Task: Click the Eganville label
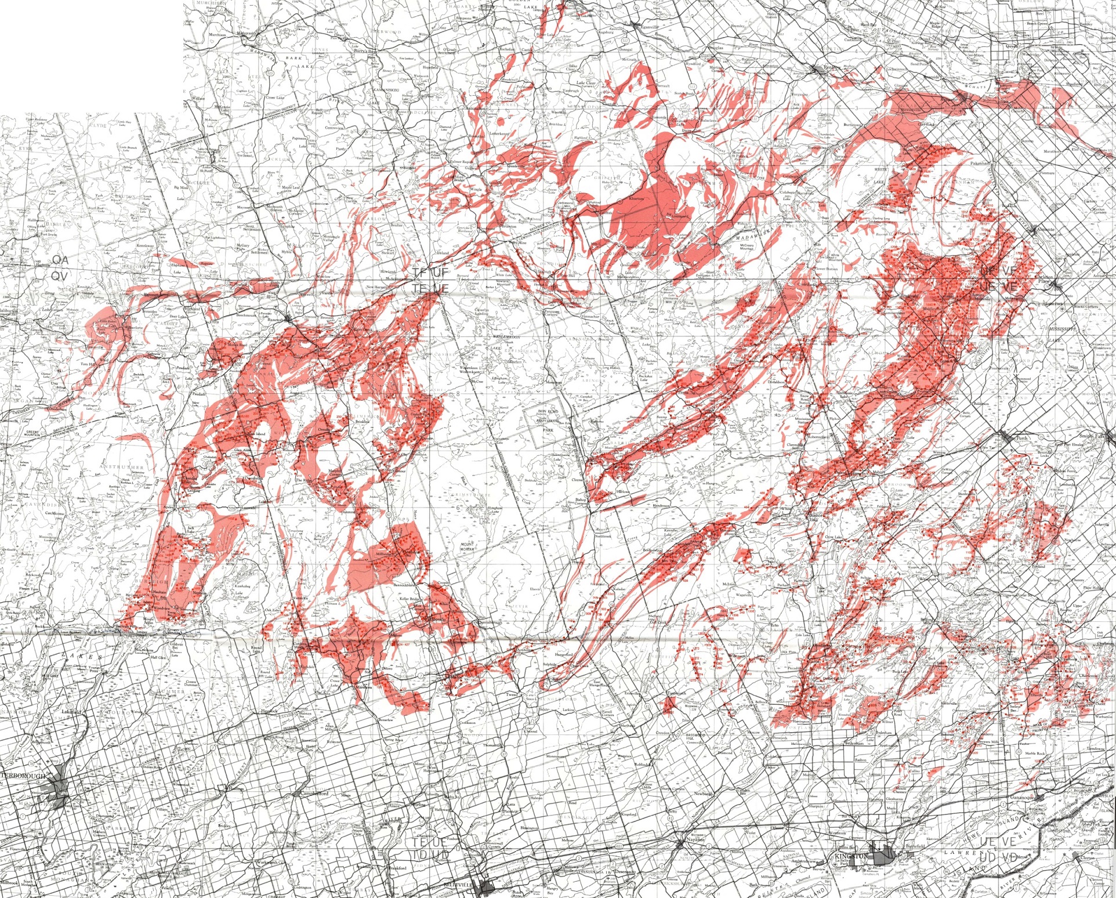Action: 647,26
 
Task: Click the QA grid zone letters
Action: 60,260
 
